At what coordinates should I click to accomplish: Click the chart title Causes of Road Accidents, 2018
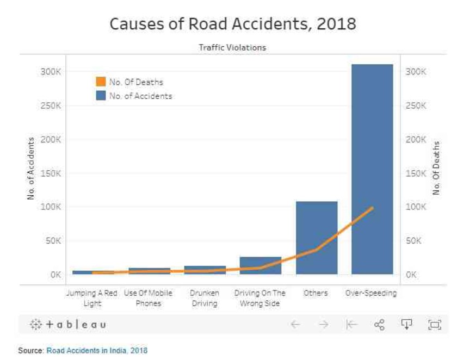click(233, 24)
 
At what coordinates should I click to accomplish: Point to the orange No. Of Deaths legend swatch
click(101, 82)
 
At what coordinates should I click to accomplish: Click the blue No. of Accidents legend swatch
click(101, 96)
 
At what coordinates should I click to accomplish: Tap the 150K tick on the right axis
click(416, 173)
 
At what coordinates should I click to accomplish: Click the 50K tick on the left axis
click(53, 241)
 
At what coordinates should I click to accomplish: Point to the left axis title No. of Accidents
click(31, 168)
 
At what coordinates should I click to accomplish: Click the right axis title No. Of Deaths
click(436, 168)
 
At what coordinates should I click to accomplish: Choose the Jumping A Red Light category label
click(92, 298)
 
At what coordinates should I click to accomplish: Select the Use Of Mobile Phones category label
click(149, 298)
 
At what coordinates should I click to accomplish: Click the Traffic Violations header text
click(232, 47)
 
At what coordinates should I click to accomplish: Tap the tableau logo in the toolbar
click(67, 325)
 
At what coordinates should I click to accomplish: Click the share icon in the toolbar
click(379, 325)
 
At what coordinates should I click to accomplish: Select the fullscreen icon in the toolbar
click(434, 325)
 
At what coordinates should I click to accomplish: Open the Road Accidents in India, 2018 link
click(97, 350)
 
